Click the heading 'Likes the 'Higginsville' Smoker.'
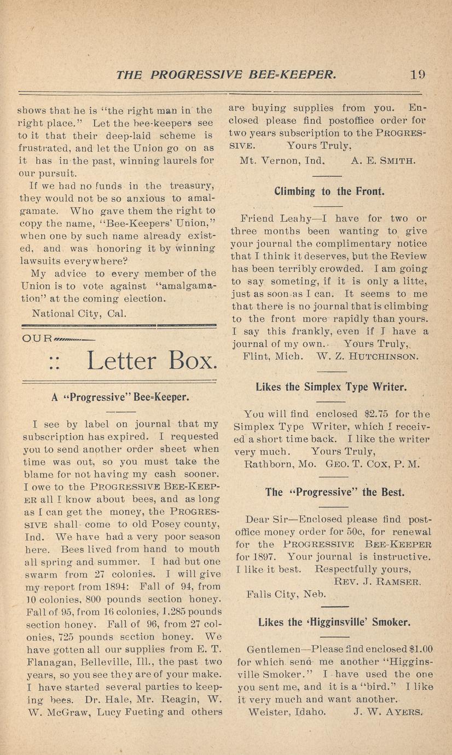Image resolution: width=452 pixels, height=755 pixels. [334, 622]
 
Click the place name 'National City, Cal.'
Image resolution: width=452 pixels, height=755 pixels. [79, 314]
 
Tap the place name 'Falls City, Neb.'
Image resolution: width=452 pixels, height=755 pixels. [286, 594]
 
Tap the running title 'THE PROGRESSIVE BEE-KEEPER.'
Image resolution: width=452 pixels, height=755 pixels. [226, 74]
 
